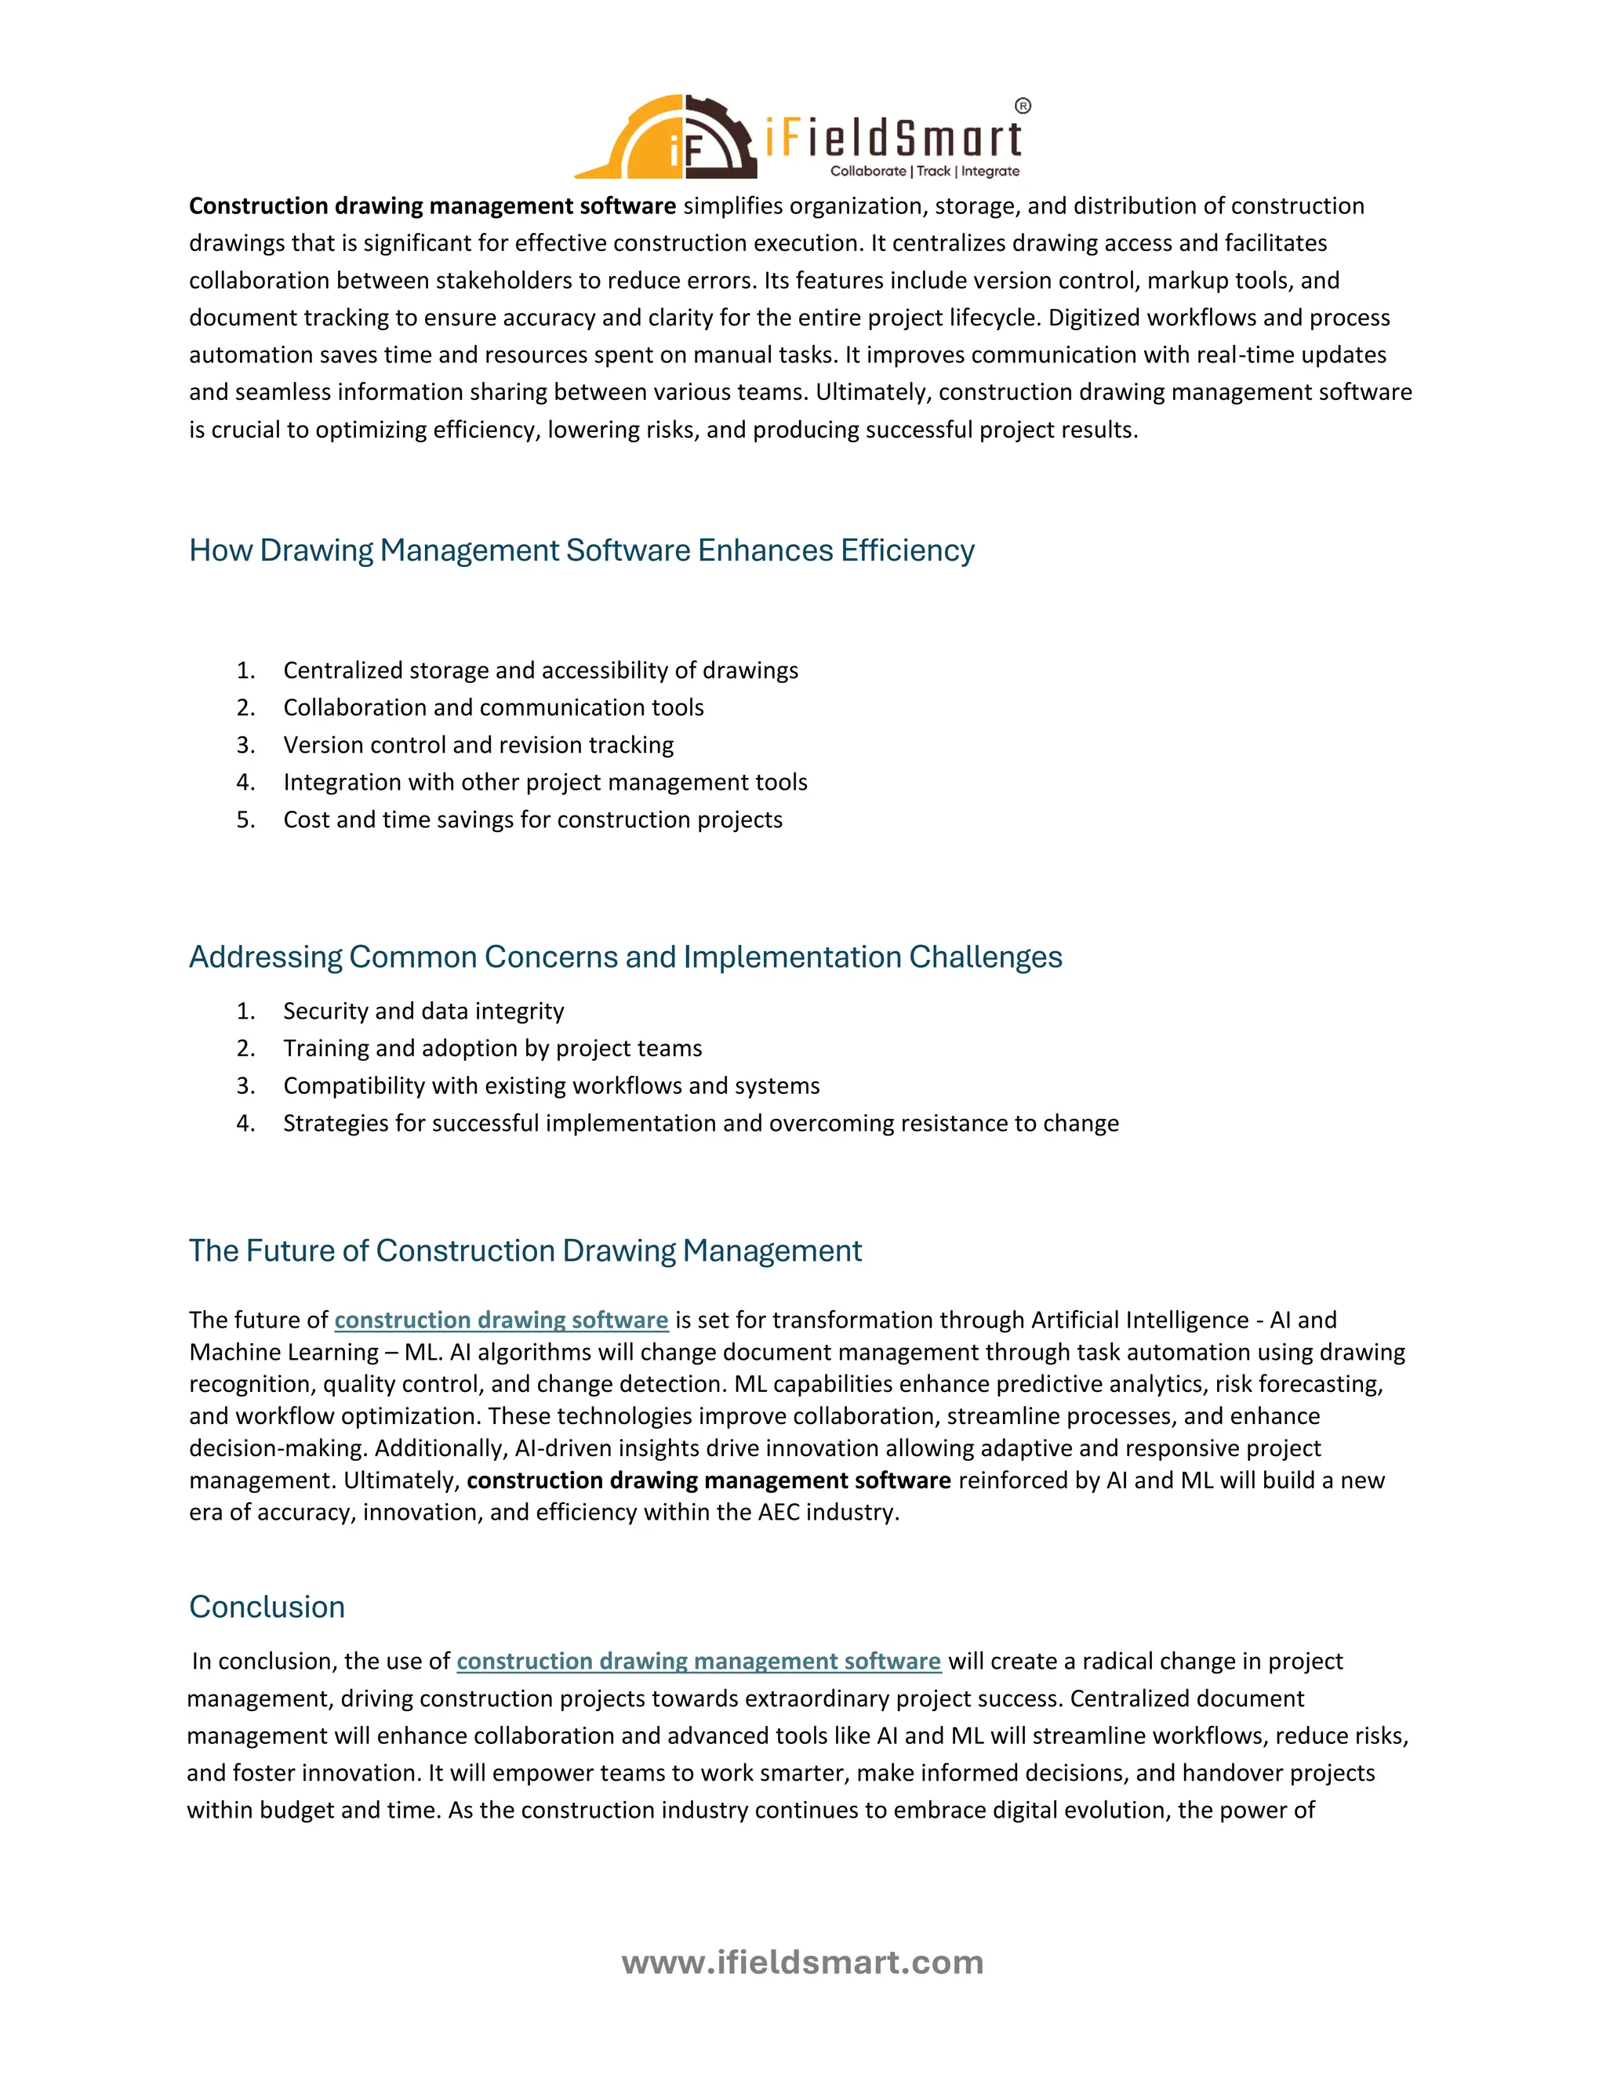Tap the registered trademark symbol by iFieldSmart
[1023, 106]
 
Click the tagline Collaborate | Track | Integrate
[924, 171]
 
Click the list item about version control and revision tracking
[478, 745]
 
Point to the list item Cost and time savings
[532, 819]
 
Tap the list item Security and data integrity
[423, 1011]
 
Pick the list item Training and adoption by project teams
[492, 1048]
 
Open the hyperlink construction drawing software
[501, 1320]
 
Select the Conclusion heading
[267, 1606]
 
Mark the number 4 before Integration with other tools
[245, 782]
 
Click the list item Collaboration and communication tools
[492, 707]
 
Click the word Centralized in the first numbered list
[343, 670]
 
